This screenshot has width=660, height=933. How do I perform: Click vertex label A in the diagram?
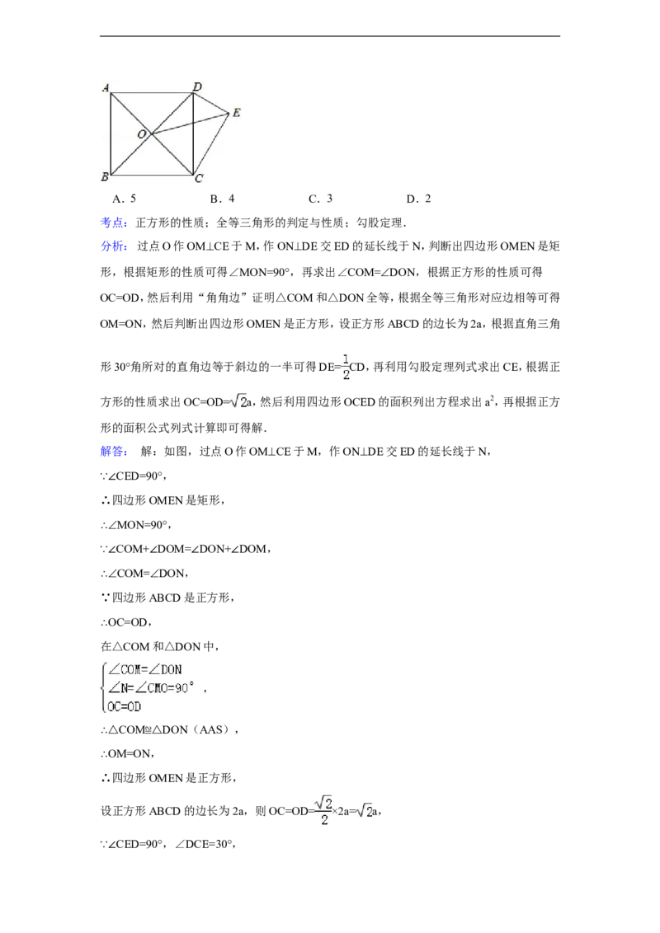[x=105, y=87]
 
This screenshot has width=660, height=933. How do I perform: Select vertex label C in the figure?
[x=198, y=178]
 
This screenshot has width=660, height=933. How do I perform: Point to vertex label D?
[x=196, y=86]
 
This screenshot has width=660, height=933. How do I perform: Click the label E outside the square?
[x=236, y=112]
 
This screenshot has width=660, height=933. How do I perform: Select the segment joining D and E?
[x=211, y=102]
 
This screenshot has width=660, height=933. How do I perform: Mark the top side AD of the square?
[x=151, y=93]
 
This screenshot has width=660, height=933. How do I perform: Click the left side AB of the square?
[x=110, y=134]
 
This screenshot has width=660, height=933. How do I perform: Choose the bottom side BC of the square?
[x=151, y=175]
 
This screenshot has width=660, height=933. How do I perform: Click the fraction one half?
[x=345, y=366]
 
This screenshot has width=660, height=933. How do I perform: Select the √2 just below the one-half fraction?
[x=238, y=401]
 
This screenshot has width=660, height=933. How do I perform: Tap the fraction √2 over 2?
[x=323, y=810]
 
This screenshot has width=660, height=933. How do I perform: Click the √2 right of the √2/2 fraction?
[x=364, y=811]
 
